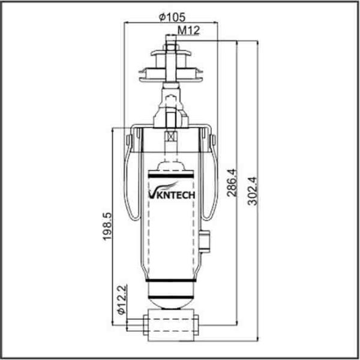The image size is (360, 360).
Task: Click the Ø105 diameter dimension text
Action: tap(170, 17)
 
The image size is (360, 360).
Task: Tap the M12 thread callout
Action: tap(188, 31)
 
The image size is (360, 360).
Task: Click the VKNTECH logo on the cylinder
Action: tap(172, 193)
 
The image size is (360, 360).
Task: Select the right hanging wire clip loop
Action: tap(210, 180)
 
